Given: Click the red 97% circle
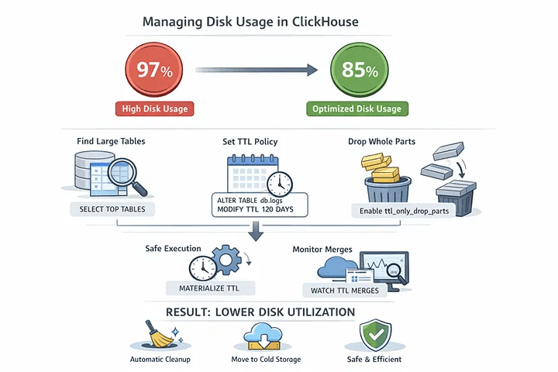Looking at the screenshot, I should pyautogui.click(x=153, y=70).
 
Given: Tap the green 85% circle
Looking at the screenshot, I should pyautogui.click(x=356, y=70).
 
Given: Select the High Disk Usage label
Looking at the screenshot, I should pyautogui.click(x=153, y=108).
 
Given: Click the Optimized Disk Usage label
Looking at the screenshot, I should pyautogui.click(x=356, y=108).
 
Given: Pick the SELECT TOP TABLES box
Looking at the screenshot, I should pyautogui.click(x=112, y=209).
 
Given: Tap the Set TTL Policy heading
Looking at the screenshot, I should pyautogui.click(x=250, y=142).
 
